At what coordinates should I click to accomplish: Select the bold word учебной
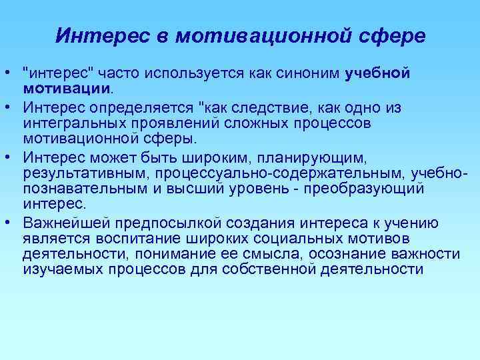tap(377, 74)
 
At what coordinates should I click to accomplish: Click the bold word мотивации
tap(65, 89)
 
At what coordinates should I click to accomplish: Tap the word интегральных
tap(71, 123)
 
